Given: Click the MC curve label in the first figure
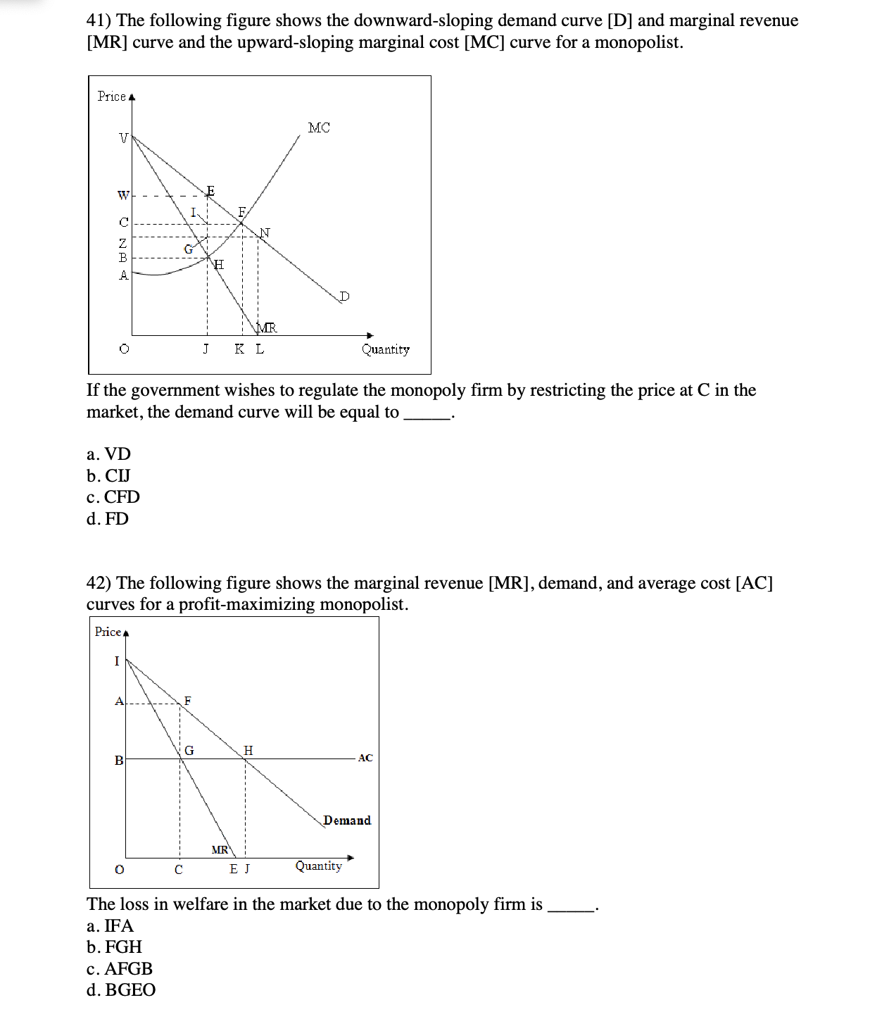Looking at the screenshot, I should pos(319,127).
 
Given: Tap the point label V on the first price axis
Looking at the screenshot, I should pos(123,138).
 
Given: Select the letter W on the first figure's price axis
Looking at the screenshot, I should pos(123,194).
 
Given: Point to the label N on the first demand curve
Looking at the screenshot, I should pos(265,232).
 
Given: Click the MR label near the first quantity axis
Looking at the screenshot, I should pos(267,327).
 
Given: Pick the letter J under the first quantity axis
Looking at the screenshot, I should pos(206,349).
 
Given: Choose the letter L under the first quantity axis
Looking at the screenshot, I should pos(260,349).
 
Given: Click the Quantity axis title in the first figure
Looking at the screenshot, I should pos(385,349).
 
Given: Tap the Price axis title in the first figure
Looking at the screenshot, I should pos(112,96).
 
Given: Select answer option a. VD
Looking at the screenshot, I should pos(109,454).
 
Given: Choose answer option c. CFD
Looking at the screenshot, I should pos(113,497).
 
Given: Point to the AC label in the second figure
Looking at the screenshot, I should pos(365,758).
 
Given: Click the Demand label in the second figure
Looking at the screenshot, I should pos(347,820).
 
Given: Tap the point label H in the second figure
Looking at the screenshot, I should pos(248,750).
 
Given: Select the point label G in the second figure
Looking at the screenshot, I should pos(189,750).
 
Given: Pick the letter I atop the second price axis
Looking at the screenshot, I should pos(117,661).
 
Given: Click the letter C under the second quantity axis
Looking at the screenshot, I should pos(179,870).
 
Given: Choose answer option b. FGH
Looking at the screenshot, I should pos(114,947).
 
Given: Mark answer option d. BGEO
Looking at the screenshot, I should pos(121,990).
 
